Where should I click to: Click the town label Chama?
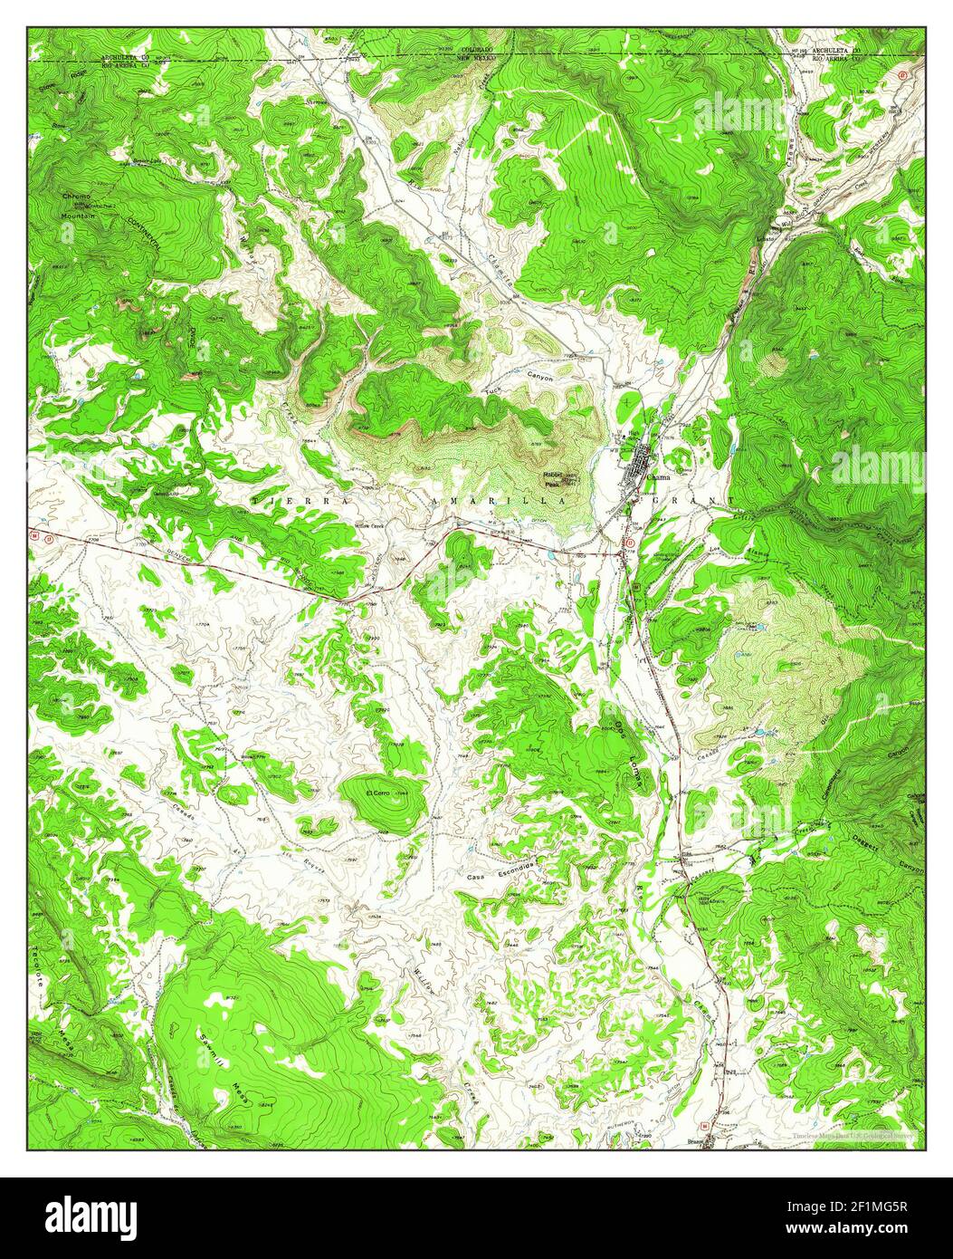[x=659, y=479]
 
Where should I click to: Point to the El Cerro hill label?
[x=376, y=794]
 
